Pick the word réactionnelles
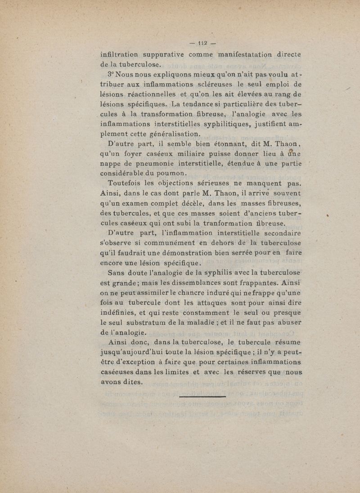[165, 94]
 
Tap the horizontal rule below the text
[202, 397]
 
